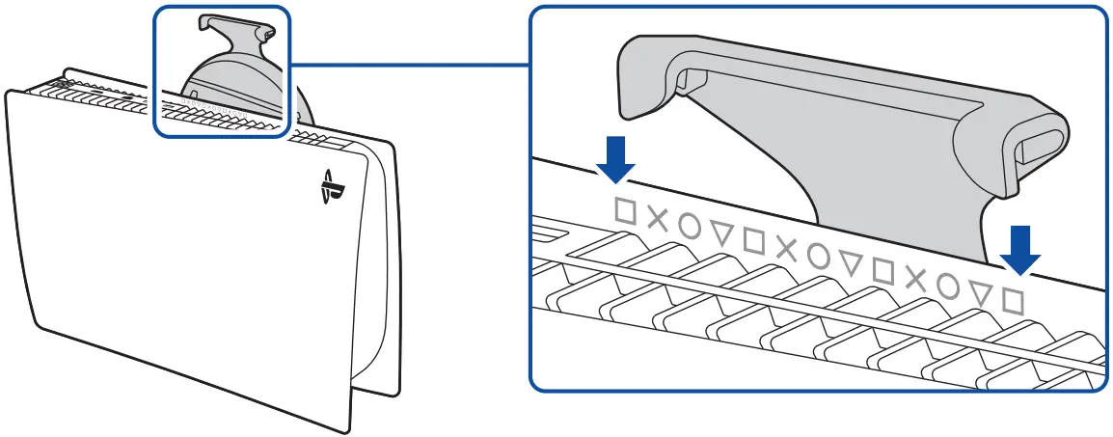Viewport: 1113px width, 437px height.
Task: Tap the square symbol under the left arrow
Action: pos(625,210)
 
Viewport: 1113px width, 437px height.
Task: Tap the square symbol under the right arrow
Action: pos(1012,301)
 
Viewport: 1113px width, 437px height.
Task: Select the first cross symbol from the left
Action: pos(657,218)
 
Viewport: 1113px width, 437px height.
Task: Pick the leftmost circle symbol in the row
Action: pos(690,225)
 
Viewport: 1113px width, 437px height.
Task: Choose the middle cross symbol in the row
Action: pos(786,249)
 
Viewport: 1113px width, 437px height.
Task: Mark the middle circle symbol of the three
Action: pos(818,256)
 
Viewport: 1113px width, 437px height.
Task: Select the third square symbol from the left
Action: pos(882,270)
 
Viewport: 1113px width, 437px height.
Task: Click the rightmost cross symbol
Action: pos(915,279)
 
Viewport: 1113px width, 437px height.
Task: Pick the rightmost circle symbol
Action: pos(947,286)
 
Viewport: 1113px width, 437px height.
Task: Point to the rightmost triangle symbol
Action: pos(980,294)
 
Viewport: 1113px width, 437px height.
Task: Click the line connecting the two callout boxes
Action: pos(410,66)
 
